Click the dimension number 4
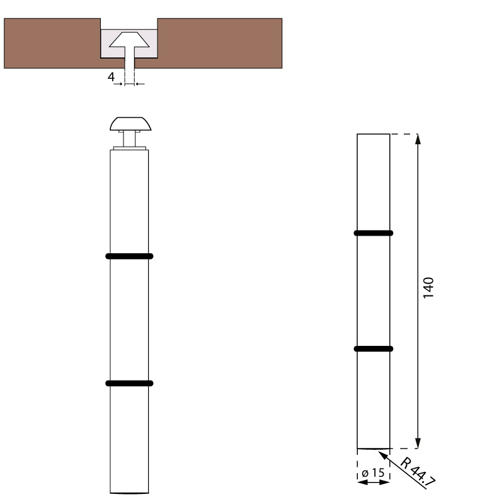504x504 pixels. (x=111, y=77)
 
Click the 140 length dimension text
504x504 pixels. (x=428, y=288)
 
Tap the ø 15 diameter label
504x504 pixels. (x=373, y=473)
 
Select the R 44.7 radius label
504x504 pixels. (x=418, y=471)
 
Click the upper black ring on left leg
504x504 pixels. (x=129, y=256)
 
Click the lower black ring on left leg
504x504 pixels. (x=129, y=383)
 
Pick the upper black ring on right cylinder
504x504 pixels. (x=374, y=233)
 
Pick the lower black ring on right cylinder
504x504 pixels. (x=374, y=349)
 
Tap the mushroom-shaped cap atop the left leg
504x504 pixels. (x=130, y=123)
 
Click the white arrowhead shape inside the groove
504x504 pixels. (x=129, y=40)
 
